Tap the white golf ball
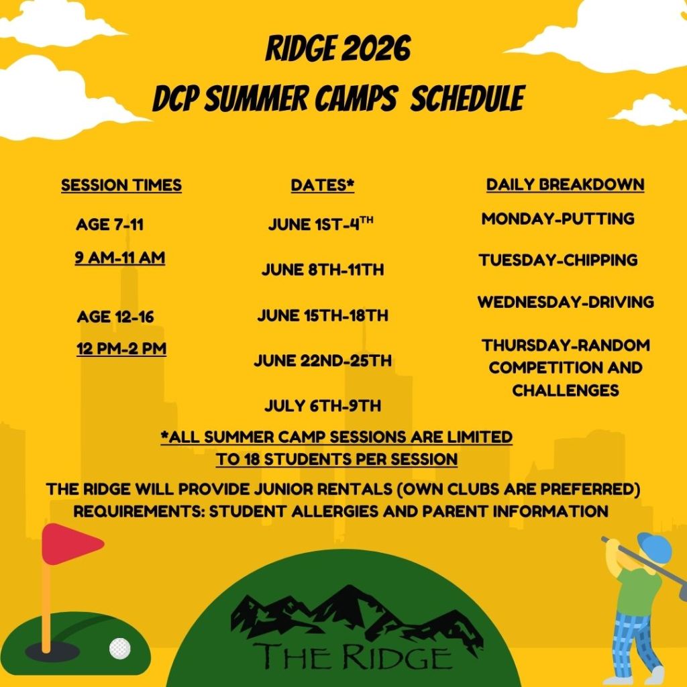120,647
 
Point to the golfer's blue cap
654,547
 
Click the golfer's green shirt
638,590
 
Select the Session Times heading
121,185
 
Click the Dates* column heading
322,185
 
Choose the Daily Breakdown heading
565,184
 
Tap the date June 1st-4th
321,225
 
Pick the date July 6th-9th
323,406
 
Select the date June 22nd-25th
323,361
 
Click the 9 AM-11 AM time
120,258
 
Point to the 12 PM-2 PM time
121,349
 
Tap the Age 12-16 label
115,317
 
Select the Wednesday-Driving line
566,302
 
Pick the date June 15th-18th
323,315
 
